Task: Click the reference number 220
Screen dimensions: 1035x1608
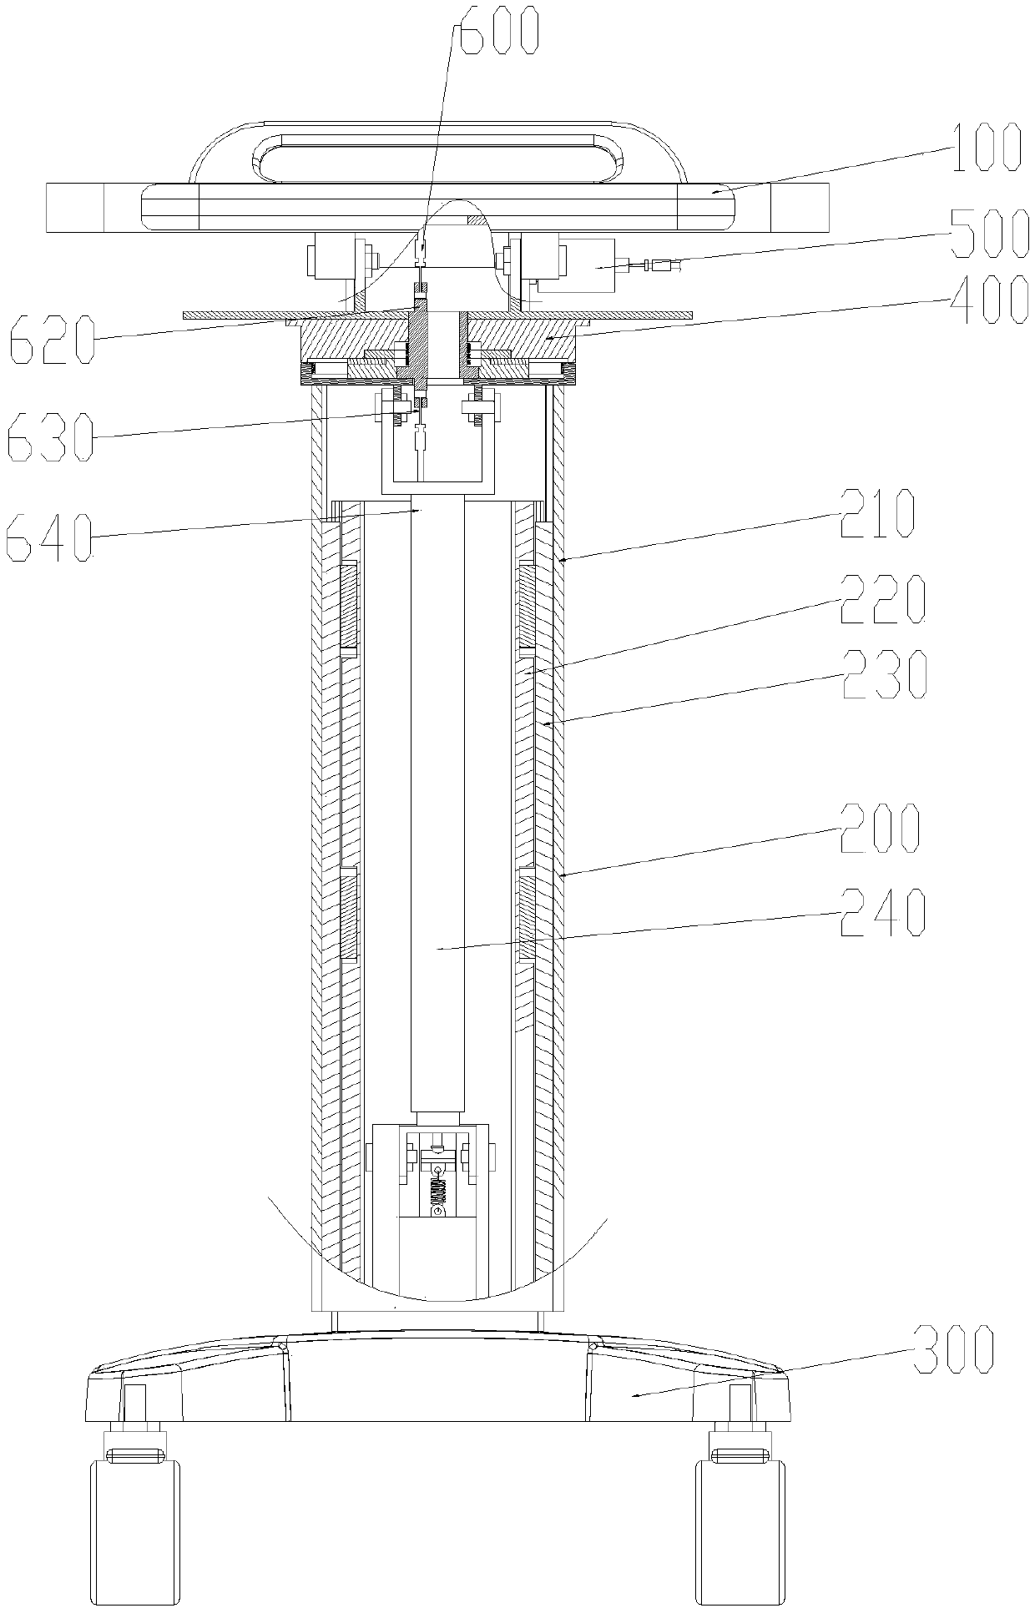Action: click(x=882, y=601)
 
